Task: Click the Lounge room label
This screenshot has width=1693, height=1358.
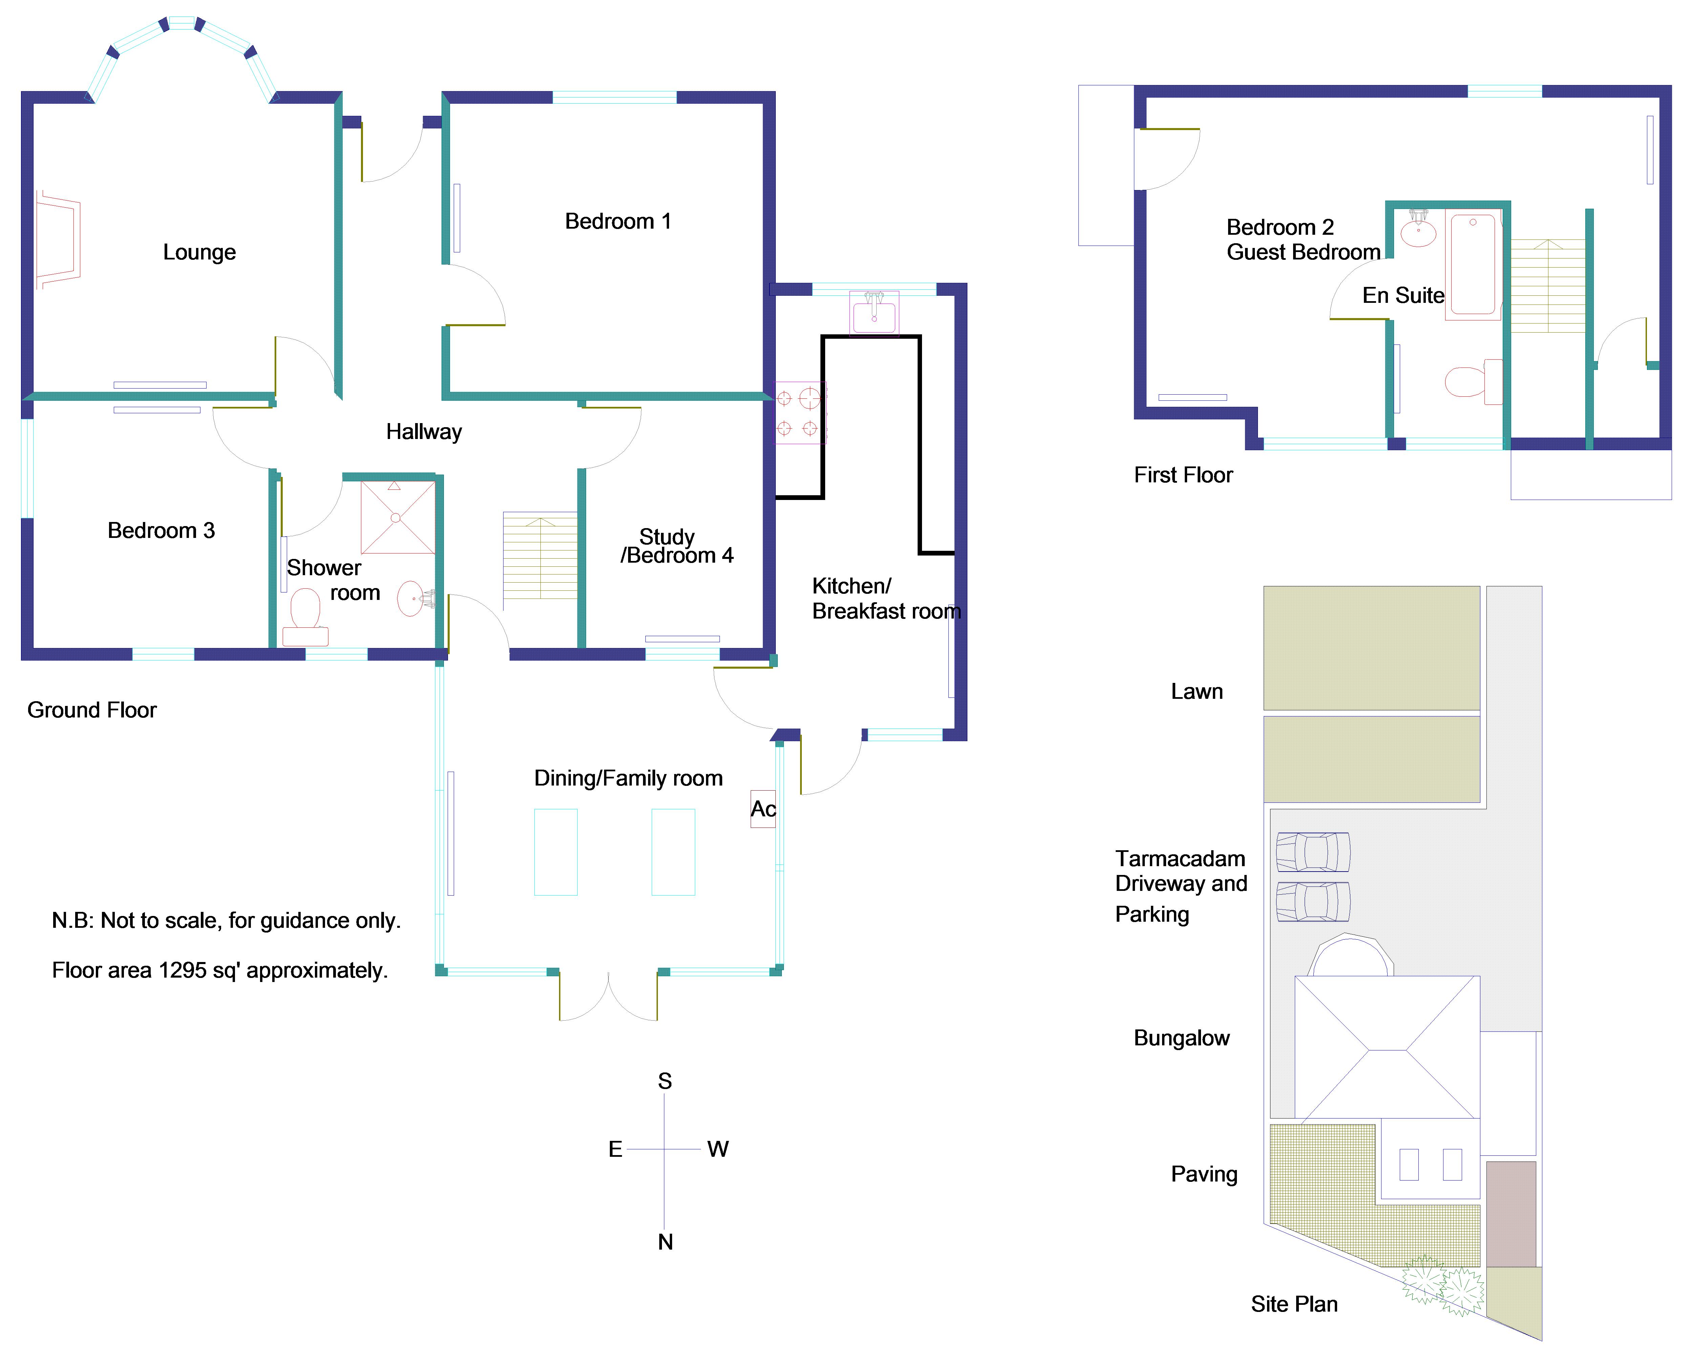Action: pyautogui.click(x=199, y=252)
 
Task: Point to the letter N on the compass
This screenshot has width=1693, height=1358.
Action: pyautogui.click(x=665, y=1242)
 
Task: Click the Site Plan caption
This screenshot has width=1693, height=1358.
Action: pyautogui.click(x=1294, y=1304)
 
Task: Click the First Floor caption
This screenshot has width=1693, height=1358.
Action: pyautogui.click(x=1183, y=475)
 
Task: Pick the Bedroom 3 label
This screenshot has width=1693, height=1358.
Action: pyautogui.click(x=161, y=531)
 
